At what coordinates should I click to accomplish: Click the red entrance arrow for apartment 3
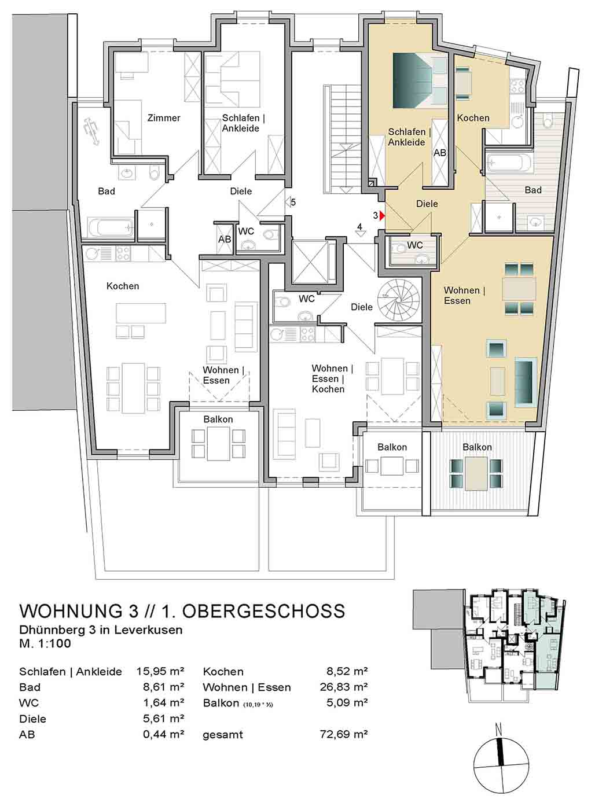383,216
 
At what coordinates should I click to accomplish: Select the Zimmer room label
163,118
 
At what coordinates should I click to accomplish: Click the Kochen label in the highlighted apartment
473,118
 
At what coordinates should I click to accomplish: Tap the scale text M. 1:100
45,643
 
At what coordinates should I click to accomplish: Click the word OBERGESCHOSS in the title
263,611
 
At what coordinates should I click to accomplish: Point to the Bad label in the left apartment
106,191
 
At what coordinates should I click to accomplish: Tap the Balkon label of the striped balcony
477,447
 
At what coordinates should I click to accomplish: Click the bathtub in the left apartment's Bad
110,227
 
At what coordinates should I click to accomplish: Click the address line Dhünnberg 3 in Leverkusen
101,629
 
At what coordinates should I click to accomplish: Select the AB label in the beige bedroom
440,153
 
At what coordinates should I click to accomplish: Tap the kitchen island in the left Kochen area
141,314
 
